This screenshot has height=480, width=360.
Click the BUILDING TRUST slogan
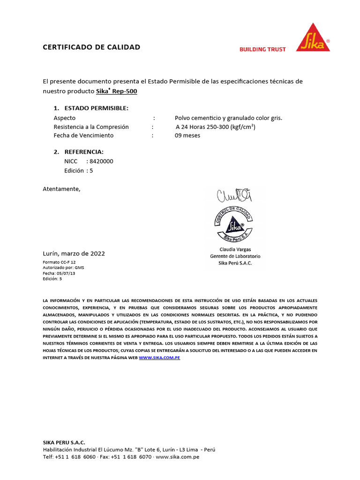(x=262, y=49)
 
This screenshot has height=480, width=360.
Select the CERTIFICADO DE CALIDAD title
(x=91, y=47)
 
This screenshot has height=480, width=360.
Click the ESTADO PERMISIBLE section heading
(x=96, y=108)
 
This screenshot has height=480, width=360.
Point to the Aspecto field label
(x=65, y=118)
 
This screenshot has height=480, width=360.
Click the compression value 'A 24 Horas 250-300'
(x=215, y=127)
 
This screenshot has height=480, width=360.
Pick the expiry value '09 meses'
(x=187, y=135)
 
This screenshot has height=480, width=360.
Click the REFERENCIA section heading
(x=84, y=152)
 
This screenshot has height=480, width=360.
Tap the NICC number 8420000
(x=101, y=161)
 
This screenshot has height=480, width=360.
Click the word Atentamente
(x=62, y=189)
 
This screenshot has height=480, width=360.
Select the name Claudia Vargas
(x=235, y=249)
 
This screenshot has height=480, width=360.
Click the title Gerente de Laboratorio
(x=235, y=256)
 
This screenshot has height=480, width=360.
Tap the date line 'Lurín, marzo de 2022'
(x=74, y=254)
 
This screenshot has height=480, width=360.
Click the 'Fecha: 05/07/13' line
(x=59, y=273)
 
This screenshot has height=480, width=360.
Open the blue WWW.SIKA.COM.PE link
(x=159, y=358)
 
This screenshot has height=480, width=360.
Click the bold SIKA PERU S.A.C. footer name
(x=64, y=442)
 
